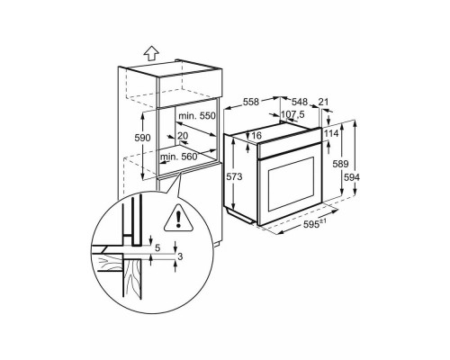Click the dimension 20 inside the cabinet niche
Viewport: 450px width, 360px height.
pos(183,135)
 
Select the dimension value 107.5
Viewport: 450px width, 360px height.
pos(293,115)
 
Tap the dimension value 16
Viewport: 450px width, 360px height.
pos(256,135)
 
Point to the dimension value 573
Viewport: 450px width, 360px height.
pos(234,177)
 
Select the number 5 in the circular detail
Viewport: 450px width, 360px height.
pos(158,247)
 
